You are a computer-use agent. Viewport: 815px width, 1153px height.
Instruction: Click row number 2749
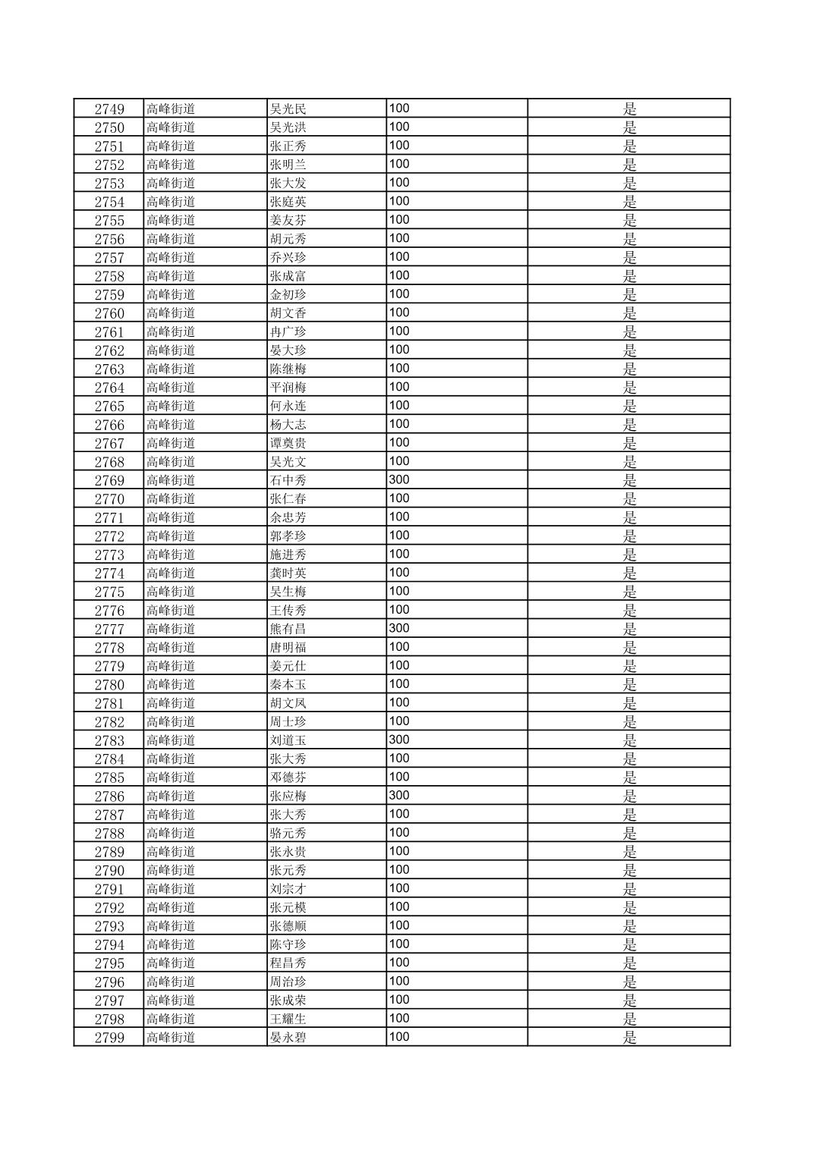pyautogui.click(x=109, y=108)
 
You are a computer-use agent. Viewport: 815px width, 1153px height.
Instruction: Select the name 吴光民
pyautogui.click(x=288, y=108)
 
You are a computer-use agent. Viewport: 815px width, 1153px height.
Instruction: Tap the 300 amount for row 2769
pyautogui.click(x=399, y=479)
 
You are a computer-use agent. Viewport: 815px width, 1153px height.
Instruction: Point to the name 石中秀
pyautogui.click(x=288, y=480)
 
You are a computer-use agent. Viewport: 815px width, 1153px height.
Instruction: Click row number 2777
pyautogui.click(x=109, y=629)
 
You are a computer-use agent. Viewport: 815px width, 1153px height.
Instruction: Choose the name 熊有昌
pyautogui.click(x=288, y=629)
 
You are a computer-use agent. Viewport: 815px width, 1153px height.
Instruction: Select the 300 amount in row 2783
pyautogui.click(x=399, y=740)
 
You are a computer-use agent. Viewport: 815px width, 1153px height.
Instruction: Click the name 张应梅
pyautogui.click(x=288, y=796)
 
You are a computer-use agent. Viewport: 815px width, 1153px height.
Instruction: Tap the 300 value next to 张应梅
pyautogui.click(x=399, y=795)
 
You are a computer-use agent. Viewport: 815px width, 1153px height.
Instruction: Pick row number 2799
pyautogui.click(x=109, y=1038)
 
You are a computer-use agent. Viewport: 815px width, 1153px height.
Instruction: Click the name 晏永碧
pyautogui.click(x=288, y=1038)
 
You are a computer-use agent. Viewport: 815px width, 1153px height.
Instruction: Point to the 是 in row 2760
pyautogui.click(x=629, y=313)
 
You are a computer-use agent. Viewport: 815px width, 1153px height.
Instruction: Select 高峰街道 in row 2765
pyautogui.click(x=171, y=406)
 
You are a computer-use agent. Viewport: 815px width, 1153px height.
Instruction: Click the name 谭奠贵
pyautogui.click(x=288, y=443)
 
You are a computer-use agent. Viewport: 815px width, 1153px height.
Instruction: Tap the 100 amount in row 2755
pyautogui.click(x=399, y=219)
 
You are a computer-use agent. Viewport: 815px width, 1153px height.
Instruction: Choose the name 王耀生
pyautogui.click(x=288, y=1019)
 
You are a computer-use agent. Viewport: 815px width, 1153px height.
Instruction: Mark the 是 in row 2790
pyautogui.click(x=629, y=870)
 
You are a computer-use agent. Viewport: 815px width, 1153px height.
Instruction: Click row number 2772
pyautogui.click(x=109, y=536)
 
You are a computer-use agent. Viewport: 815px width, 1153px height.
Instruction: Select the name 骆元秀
pyautogui.click(x=288, y=833)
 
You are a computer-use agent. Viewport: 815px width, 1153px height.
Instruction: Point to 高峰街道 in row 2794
pyautogui.click(x=171, y=944)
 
